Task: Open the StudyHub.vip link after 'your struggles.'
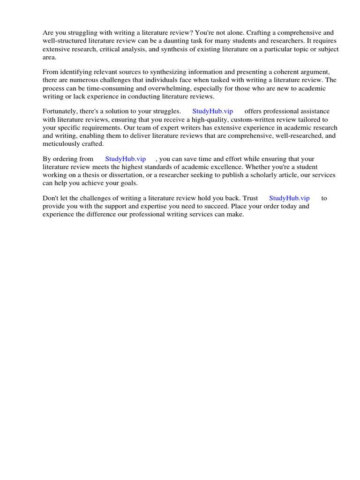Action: (x=212, y=112)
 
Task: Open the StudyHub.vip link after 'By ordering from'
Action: (x=125, y=159)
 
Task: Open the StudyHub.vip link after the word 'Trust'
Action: (x=289, y=198)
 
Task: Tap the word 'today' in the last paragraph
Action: (x=287, y=206)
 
